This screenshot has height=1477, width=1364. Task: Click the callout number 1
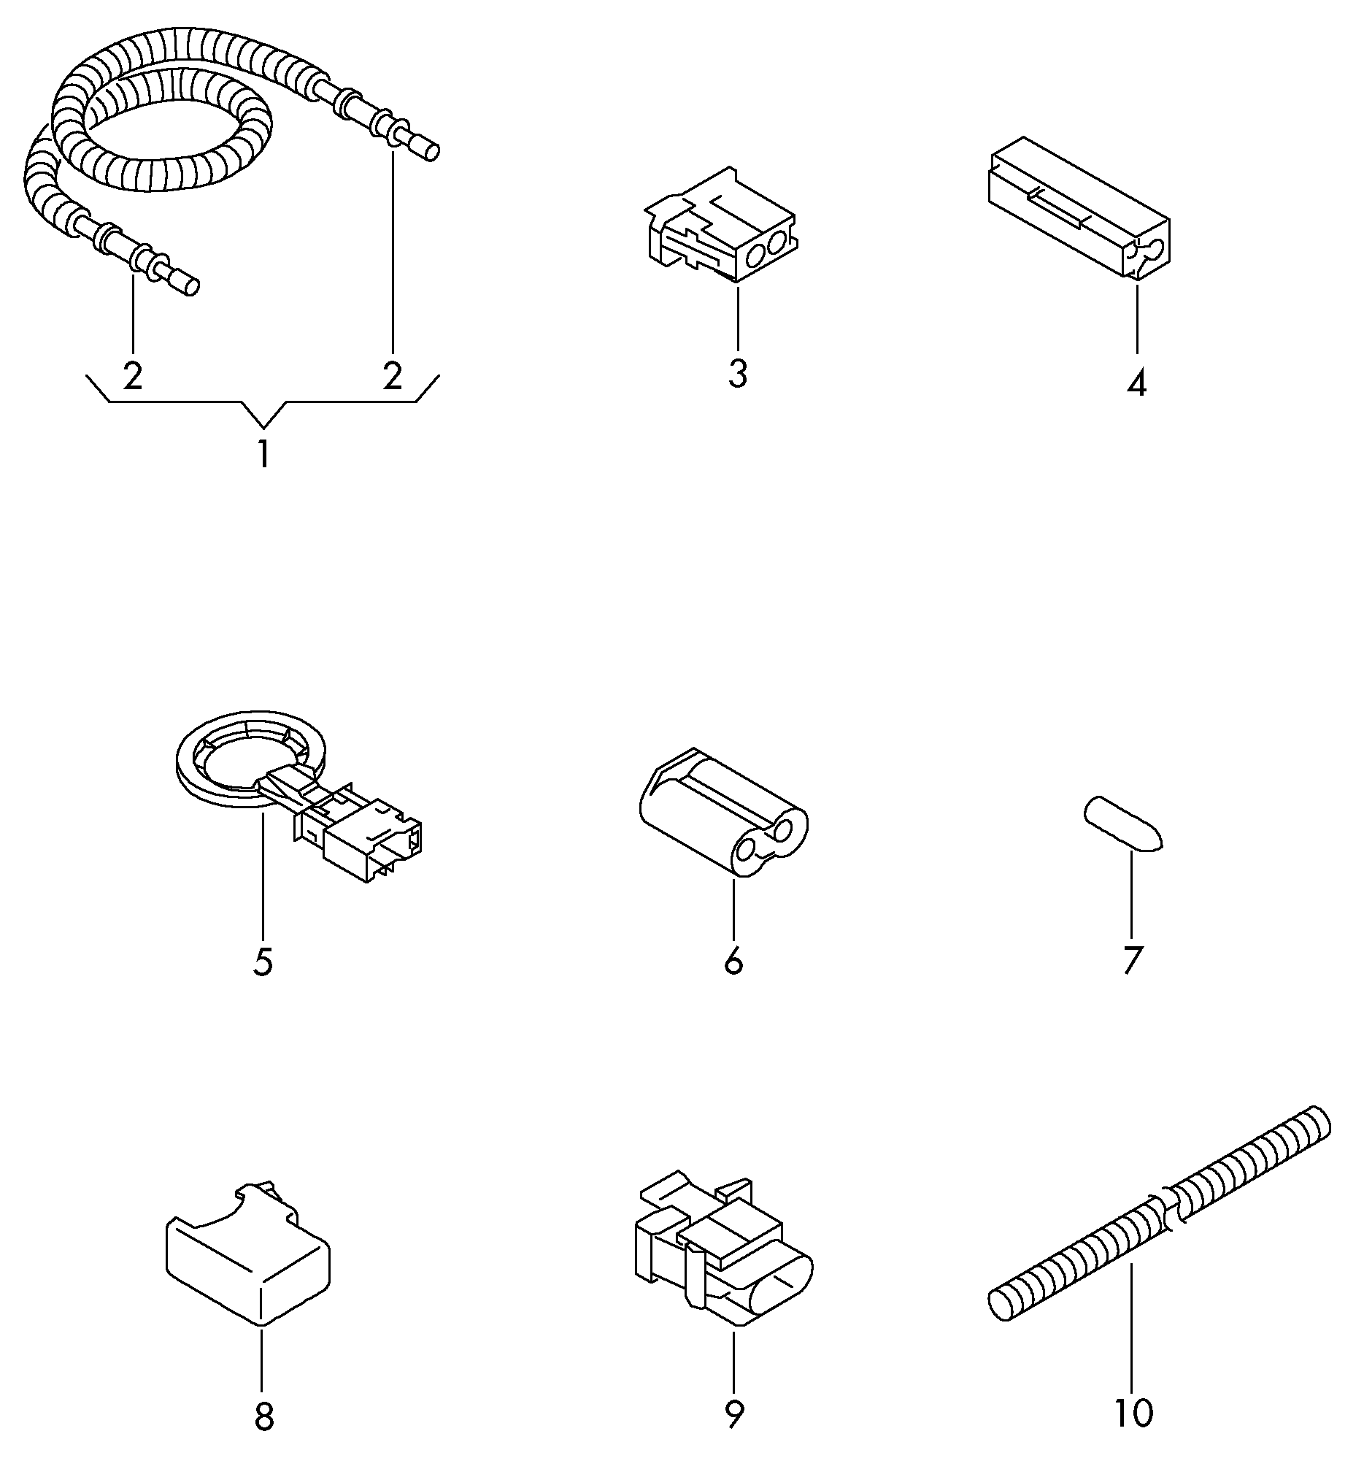263,454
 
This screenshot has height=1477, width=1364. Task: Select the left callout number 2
133,376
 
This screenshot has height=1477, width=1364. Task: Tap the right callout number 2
393,376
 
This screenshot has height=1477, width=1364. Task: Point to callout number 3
738,374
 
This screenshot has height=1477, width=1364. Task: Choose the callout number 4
1138,383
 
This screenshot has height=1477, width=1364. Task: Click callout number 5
263,963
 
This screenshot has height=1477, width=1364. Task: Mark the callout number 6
733,962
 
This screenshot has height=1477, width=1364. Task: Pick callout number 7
1133,961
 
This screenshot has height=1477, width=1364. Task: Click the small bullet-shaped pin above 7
1122,824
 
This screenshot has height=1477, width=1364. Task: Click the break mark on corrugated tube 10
1173,1213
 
